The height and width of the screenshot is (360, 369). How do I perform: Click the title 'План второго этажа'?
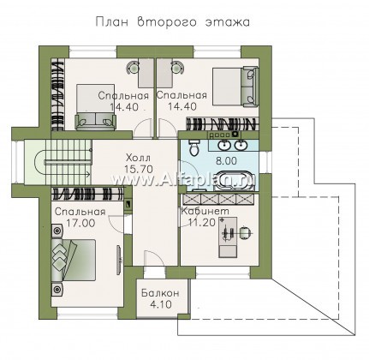pos(173,22)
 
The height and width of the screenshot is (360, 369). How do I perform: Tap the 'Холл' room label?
pos(138,158)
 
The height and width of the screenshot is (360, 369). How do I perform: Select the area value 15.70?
pos(139,169)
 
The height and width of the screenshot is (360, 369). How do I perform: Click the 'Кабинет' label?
pos(205,211)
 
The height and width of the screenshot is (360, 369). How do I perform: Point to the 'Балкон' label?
pos(160,293)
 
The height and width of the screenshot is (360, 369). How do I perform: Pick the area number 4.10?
pos(161,304)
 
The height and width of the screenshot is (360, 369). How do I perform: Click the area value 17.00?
pos(80,223)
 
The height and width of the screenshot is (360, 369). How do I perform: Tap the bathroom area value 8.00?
pos(225,160)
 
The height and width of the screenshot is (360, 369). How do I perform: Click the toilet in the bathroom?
pos(195,148)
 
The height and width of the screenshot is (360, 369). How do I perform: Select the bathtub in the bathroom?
pos(233,181)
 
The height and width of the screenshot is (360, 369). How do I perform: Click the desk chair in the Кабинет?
pos(245,231)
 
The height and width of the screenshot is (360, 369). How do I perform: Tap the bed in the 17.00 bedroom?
pos(74,260)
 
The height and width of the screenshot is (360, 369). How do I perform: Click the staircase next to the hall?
pos(62,162)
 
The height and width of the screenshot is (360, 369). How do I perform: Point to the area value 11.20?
pos(202,223)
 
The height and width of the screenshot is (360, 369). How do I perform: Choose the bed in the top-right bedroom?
pos(235,87)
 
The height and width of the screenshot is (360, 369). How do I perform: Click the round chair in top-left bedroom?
pos(132,67)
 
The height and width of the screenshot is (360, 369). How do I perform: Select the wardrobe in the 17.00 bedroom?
pos(88,193)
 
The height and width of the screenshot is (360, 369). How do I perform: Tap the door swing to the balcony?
pos(153,258)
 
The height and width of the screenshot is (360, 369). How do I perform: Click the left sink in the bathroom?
pos(224,145)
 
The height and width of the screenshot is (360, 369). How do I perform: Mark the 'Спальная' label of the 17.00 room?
pos(80,212)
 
